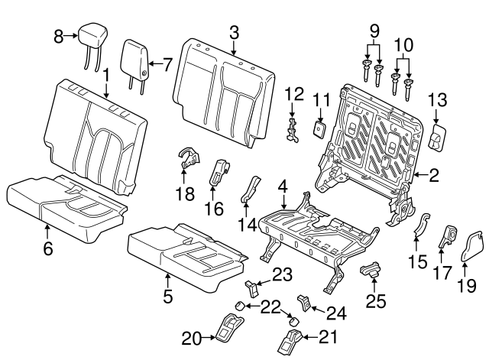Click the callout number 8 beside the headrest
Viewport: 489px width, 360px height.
click(x=59, y=35)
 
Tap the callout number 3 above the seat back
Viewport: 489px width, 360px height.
click(x=235, y=31)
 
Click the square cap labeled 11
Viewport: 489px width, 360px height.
click(x=320, y=126)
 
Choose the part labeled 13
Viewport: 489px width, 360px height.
click(x=436, y=138)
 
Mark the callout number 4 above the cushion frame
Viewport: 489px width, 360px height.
click(x=282, y=186)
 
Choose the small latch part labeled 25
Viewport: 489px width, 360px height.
click(x=371, y=270)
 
